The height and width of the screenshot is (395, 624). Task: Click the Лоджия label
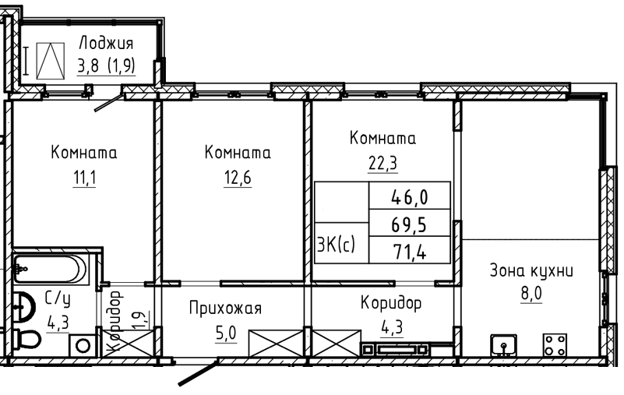coord(106,43)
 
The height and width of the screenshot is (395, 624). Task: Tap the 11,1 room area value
coord(84,178)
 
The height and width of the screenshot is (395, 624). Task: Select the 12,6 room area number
coord(238,178)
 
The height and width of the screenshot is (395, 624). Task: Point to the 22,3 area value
coord(383,163)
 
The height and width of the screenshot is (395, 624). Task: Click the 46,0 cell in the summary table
coord(410,196)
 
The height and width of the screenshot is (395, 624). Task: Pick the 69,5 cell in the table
coord(410,224)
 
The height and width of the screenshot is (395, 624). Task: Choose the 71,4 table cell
coord(410,251)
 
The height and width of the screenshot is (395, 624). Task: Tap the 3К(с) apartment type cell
coord(337,244)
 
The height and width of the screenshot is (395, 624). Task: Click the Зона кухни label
coord(531,271)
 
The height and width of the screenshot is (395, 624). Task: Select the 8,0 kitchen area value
coord(531,294)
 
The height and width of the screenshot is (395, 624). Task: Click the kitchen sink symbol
coord(503,345)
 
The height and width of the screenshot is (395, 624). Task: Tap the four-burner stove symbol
coord(555,345)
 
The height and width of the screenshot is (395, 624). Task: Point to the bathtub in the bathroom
coord(51,269)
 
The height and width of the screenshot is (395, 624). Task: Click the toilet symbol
coord(26,340)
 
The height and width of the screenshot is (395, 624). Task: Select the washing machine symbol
coord(83,345)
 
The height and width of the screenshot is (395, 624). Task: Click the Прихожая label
coord(225,309)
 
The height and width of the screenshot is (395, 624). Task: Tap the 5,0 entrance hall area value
coord(226,333)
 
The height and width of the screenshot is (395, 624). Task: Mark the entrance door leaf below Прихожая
coord(198,373)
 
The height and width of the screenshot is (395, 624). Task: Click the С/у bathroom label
coord(58,298)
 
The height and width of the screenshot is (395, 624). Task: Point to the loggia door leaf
coord(108,103)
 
